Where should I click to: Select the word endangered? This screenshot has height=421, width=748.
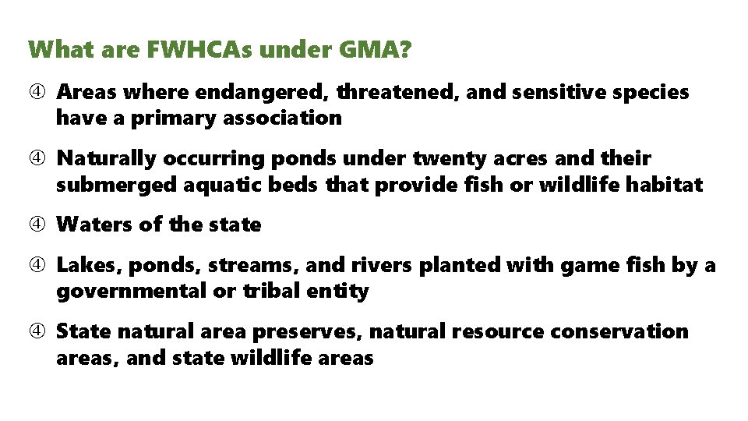[x=264, y=93]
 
